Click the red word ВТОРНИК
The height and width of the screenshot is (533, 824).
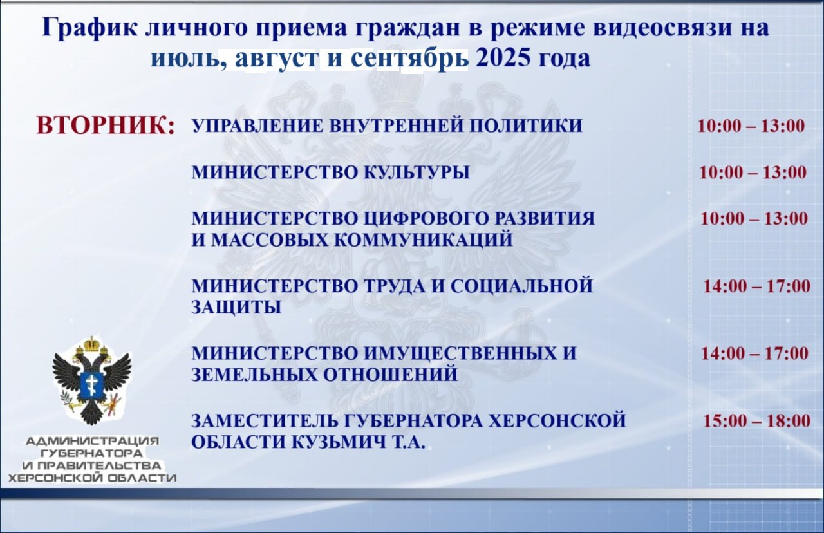(x=105, y=126)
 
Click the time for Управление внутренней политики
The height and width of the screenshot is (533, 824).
(x=751, y=126)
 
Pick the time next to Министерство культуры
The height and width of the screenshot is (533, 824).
(x=753, y=172)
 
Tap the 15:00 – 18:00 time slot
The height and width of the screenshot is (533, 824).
(x=756, y=421)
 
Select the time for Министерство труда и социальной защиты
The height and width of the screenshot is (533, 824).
(x=756, y=286)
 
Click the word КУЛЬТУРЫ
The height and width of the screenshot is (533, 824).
(x=417, y=173)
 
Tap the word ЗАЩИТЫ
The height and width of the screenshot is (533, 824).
(x=236, y=308)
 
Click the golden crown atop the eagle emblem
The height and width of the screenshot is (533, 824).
(x=92, y=344)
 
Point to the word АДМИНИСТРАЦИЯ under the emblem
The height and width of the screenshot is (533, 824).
(x=92, y=441)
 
